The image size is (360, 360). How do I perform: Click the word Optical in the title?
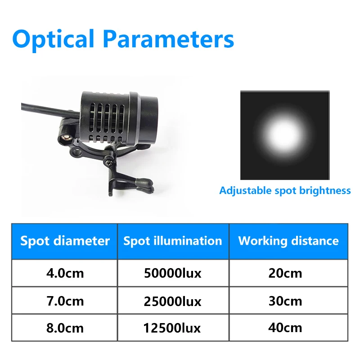pyautogui.click(x=53, y=40)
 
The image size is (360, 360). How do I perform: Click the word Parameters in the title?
pyautogui.click(x=168, y=39)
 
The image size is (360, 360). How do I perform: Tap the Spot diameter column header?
pyautogui.click(x=65, y=241)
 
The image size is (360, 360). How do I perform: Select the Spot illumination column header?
pyautogui.click(x=173, y=241)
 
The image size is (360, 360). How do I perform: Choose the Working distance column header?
pyautogui.click(x=288, y=241)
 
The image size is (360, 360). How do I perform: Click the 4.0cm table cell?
pyautogui.click(x=65, y=273)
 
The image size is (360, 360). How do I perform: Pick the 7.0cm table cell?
pyautogui.click(x=65, y=301)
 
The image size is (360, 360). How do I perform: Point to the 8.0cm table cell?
pyautogui.click(x=65, y=328)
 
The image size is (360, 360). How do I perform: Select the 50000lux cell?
pyautogui.click(x=173, y=273)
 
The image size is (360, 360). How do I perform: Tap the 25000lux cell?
pyautogui.click(x=173, y=301)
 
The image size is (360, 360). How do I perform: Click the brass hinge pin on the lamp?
pyautogui.click(x=67, y=138)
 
